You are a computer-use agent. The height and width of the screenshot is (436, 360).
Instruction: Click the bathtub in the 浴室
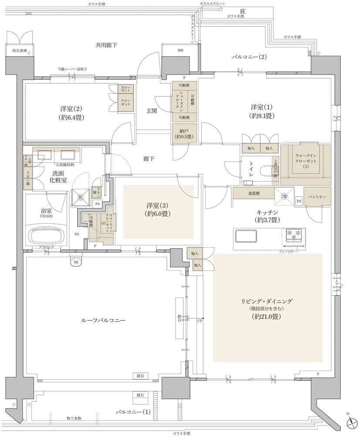point(47,235)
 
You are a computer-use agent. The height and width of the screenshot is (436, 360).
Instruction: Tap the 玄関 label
point(152,111)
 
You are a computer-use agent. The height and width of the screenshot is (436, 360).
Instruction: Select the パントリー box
point(317,197)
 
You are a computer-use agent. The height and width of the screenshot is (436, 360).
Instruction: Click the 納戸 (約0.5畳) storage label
point(184,133)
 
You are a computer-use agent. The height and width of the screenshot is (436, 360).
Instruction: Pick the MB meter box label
point(180,51)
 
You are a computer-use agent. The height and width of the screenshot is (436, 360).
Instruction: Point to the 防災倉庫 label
point(20,51)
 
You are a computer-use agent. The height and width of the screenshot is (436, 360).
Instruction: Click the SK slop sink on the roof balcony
point(75,262)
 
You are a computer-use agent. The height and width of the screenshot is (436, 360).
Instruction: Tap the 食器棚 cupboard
point(253,192)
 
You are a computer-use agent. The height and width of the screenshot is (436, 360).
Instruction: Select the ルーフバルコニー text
point(103,320)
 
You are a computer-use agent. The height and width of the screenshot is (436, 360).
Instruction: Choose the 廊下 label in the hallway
point(149,159)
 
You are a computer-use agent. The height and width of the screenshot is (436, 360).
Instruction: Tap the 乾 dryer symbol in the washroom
point(81,197)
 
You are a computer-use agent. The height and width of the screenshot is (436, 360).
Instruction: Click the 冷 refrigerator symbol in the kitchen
point(284,196)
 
